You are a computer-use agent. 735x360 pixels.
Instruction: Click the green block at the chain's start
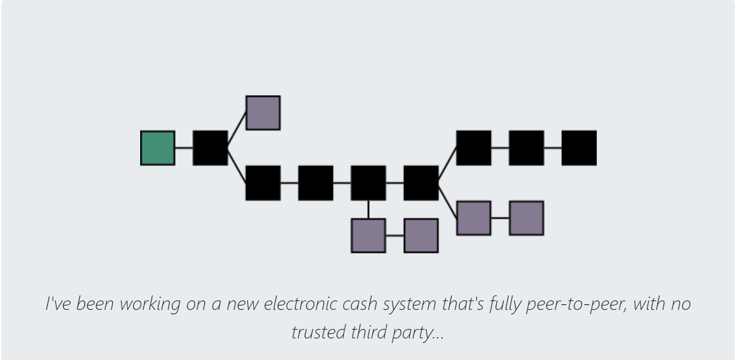point(158,148)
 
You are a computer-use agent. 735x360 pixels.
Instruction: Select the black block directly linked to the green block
point(210,148)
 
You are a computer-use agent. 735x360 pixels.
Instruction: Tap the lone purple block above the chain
point(263,113)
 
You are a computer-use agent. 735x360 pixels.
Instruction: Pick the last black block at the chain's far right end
point(579,148)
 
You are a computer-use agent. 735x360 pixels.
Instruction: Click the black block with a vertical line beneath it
point(368,183)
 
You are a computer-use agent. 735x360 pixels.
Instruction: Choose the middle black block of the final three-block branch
point(526,148)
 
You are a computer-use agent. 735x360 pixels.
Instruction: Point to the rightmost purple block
point(526,218)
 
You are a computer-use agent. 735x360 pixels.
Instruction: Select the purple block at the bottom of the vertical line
point(368,236)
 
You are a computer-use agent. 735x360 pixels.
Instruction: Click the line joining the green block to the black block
point(184,148)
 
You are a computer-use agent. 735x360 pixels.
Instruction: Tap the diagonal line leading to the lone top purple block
point(237,131)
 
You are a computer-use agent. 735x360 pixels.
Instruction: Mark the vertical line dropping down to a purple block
point(368,209)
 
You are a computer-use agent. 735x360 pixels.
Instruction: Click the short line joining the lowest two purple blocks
point(394,236)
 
